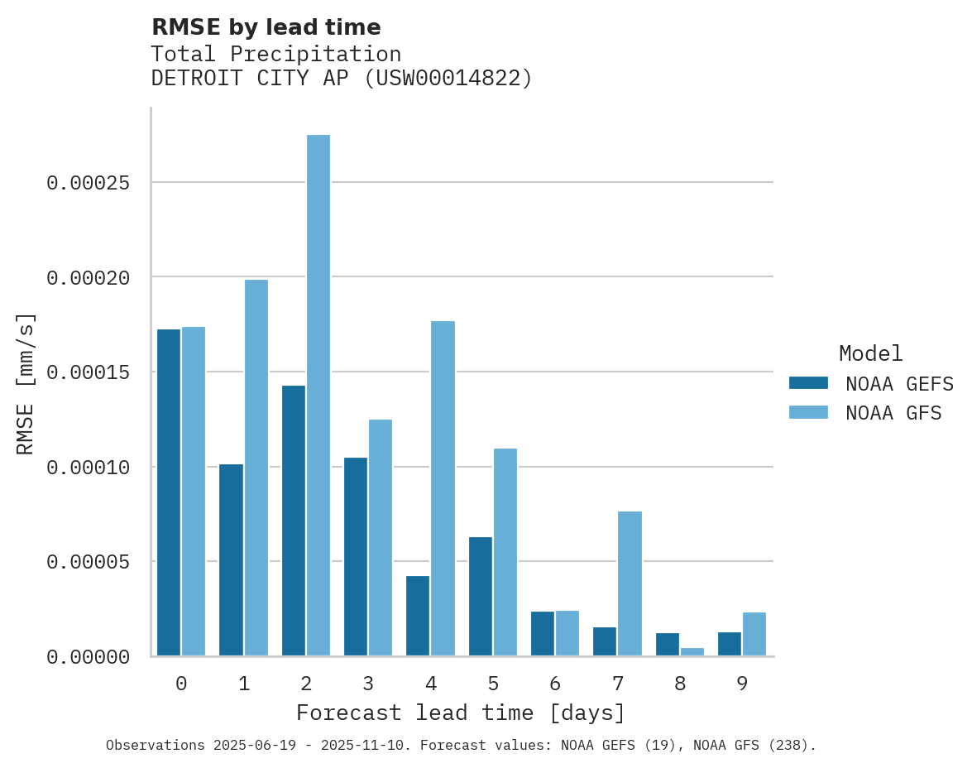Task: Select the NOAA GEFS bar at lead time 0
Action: [x=169, y=492]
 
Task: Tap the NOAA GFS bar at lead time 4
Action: [x=443, y=488]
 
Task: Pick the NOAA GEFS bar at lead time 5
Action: [x=480, y=597]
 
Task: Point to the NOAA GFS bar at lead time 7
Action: [x=630, y=583]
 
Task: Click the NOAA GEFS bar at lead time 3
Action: [x=356, y=557]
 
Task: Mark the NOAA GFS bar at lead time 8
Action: [x=692, y=652]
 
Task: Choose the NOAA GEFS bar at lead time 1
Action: [x=231, y=560]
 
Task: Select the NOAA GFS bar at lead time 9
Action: [x=754, y=634]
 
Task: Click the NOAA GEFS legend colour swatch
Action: [x=808, y=383]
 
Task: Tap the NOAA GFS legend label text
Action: [x=893, y=413]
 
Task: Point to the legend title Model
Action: [x=870, y=353]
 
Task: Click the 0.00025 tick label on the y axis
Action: [x=89, y=182]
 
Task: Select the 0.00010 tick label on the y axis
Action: [x=89, y=468]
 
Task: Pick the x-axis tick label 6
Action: [x=555, y=684]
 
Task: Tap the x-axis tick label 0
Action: [x=181, y=684]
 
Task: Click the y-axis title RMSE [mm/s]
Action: [x=26, y=383]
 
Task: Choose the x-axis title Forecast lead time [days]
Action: [x=461, y=713]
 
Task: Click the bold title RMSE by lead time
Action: [x=266, y=27]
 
